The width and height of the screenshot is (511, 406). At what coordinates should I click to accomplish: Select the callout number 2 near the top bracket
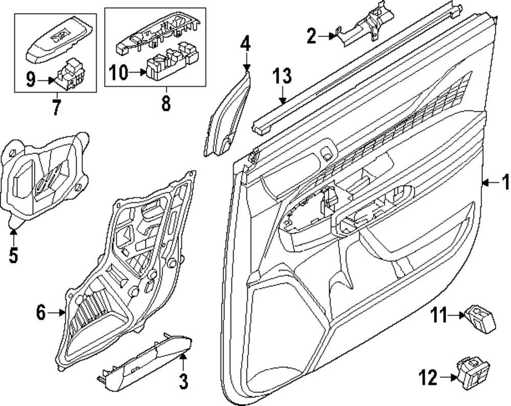(x=312, y=36)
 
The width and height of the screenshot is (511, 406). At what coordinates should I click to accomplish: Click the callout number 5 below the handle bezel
(x=13, y=255)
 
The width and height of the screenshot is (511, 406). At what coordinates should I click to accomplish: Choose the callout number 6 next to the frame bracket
(x=41, y=311)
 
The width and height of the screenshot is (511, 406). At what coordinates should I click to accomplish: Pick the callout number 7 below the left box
(x=56, y=107)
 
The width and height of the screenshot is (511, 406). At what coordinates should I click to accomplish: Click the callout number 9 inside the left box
(x=31, y=80)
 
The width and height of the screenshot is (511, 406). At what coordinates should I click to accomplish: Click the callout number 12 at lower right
(x=428, y=378)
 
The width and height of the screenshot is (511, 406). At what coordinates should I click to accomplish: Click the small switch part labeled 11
(x=479, y=318)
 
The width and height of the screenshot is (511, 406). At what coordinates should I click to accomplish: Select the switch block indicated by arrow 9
(x=68, y=77)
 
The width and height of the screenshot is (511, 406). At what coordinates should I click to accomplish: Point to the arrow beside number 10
(x=137, y=73)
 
